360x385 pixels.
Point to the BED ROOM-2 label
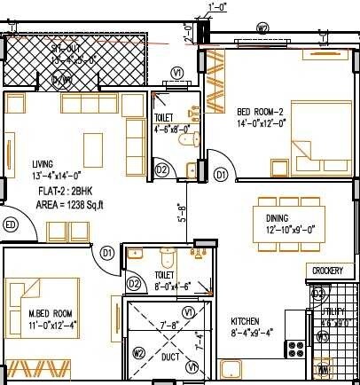[259, 111]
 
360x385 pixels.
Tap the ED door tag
[11, 224]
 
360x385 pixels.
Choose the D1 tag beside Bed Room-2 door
[220, 176]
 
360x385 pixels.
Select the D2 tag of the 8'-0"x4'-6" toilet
[135, 284]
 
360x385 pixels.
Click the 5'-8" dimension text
[181, 213]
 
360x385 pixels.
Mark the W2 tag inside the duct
[138, 353]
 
